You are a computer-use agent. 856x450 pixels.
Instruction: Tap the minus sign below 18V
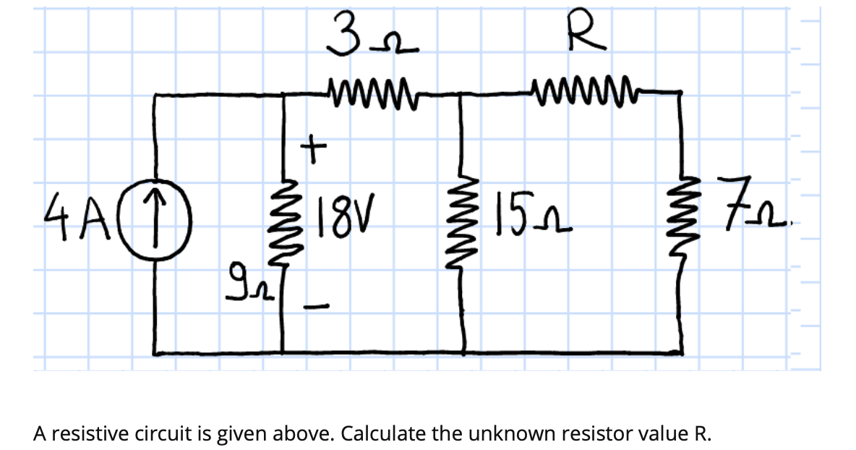pyautogui.click(x=314, y=307)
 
